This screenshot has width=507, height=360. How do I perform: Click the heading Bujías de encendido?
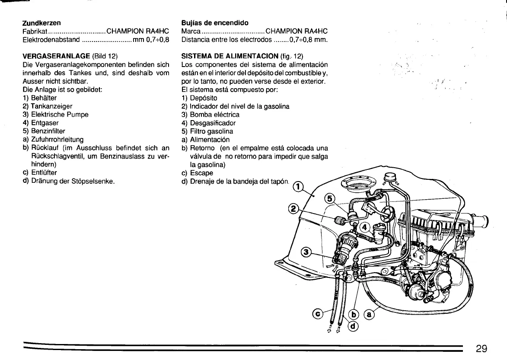point(215,22)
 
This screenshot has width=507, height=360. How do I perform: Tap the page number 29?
point(484,349)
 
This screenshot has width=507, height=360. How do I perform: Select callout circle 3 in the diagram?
point(305,252)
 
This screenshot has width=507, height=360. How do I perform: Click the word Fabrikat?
point(34,31)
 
